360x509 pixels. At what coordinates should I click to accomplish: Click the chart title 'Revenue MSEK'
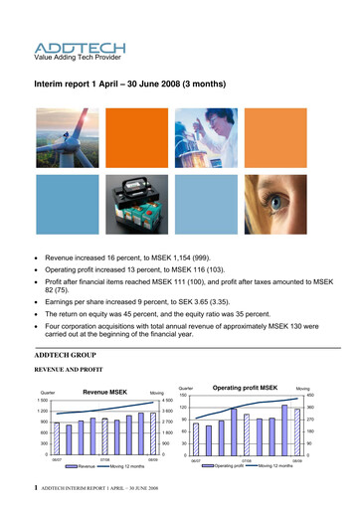click(107, 366)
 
